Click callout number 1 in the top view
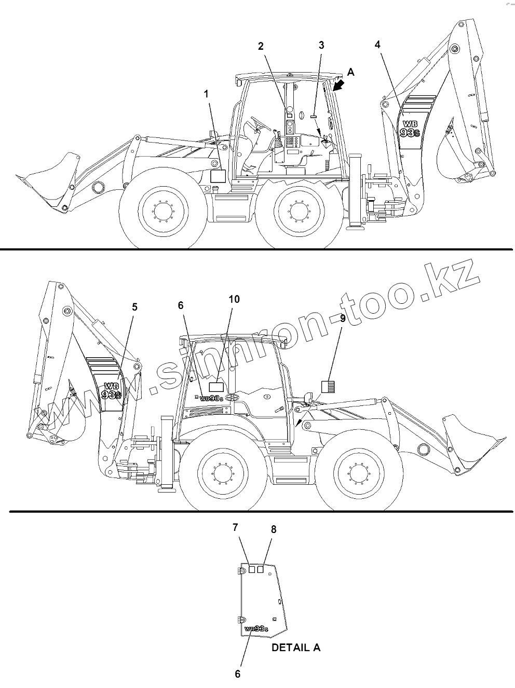pyautogui.click(x=206, y=94)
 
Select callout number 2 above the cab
pyautogui.click(x=261, y=46)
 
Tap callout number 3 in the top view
pyautogui.click(x=321, y=45)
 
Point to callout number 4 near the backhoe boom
pyautogui.click(x=377, y=45)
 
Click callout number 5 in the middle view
pyautogui.click(x=134, y=307)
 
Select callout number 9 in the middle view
pyautogui.click(x=343, y=318)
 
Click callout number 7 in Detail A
pyautogui.click(x=235, y=528)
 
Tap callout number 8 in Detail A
pyautogui.click(x=274, y=529)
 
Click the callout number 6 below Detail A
pyautogui.click(x=238, y=673)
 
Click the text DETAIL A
pyautogui.click(x=296, y=648)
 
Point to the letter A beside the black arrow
pyautogui.click(x=351, y=73)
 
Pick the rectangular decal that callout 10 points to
pyautogui.click(x=216, y=387)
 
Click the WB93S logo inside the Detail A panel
pyautogui.click(x=256, y=629)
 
